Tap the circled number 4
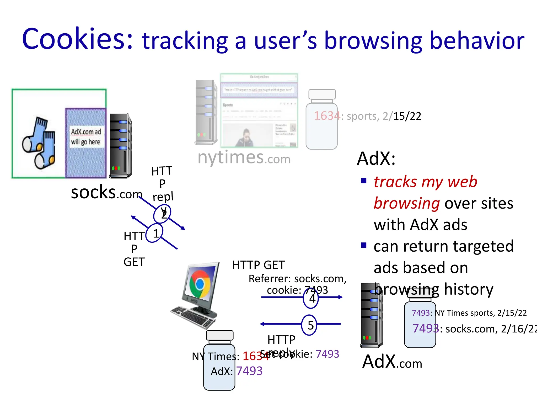coord(311,298)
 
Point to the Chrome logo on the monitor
coord(200,284)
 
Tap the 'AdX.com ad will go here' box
coord(86,137)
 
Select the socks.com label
coord(106,193)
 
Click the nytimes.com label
coord(244,157)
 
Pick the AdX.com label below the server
coord(392,362)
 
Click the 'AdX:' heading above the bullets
coord(376,159)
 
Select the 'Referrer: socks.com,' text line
coord(297,279)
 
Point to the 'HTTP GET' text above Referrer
coord(258,265)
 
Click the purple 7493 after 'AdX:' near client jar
coord(249,371)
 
